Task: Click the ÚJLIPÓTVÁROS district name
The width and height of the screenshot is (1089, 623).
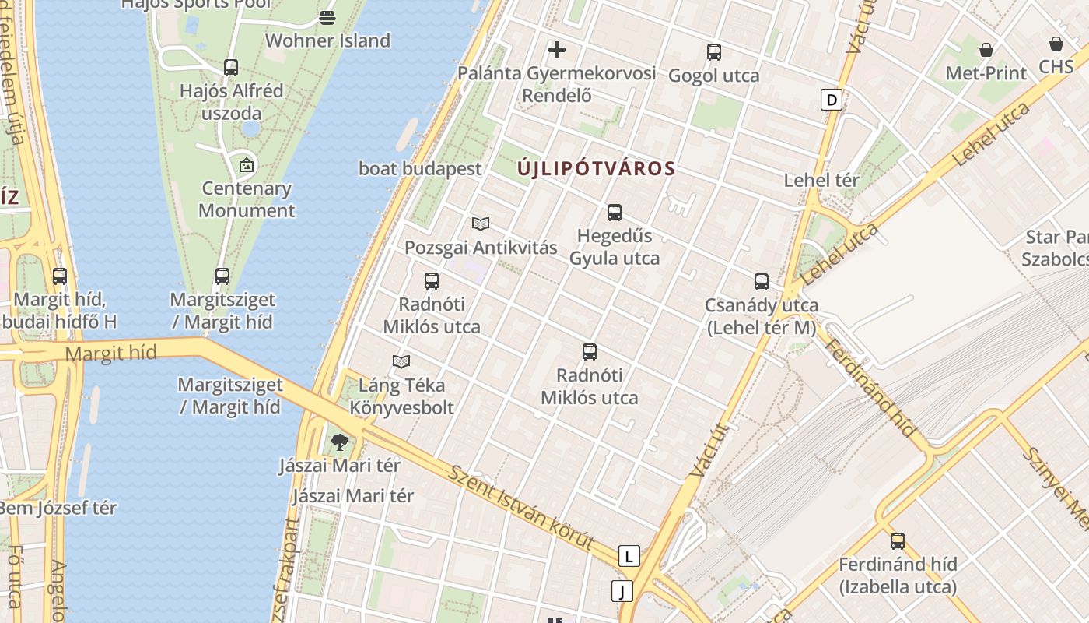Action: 596,168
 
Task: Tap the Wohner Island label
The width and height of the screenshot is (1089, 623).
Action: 327,40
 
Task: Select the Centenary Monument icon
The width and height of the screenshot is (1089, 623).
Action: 247,165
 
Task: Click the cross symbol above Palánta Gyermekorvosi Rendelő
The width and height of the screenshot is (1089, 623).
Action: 557,51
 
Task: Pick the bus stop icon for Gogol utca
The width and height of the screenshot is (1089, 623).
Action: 714,52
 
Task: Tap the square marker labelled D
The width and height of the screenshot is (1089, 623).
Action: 832,100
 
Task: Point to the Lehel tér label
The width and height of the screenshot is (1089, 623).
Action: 821,180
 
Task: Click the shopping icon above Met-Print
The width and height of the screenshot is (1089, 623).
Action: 986,50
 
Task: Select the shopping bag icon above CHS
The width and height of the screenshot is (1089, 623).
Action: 1056,44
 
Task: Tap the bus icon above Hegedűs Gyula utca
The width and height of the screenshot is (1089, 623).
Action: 615,213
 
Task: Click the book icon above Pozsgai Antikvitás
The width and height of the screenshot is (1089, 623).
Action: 481,224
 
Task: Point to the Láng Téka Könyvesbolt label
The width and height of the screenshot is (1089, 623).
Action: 401,396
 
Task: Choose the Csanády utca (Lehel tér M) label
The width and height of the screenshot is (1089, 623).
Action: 762,316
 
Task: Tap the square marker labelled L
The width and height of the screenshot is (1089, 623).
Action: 629,556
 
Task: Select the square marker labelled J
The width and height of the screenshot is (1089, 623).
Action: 622,591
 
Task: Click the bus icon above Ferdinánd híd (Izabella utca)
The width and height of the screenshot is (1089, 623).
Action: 898,541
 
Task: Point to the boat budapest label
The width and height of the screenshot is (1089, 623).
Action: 420,168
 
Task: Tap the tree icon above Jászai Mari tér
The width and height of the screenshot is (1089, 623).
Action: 339,443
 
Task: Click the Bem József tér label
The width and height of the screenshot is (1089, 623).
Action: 58,508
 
